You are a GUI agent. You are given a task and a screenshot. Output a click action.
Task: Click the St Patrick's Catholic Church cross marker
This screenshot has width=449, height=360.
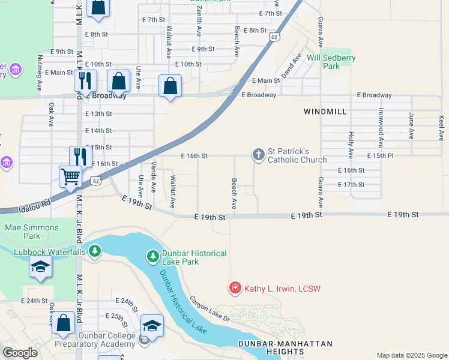pos(259,155)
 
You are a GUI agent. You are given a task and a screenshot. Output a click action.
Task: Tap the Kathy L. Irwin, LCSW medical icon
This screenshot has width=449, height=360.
pos(235,289)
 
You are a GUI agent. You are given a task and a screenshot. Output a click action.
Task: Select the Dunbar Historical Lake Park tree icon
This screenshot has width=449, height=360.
pos(153,257)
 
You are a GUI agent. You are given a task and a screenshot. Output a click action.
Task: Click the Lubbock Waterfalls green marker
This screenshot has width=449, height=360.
pos(94,252)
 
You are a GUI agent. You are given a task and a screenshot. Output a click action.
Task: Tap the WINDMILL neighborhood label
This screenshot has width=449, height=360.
pos(325,112)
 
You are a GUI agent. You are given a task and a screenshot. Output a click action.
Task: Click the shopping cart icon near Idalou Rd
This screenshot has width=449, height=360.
pos(71,176)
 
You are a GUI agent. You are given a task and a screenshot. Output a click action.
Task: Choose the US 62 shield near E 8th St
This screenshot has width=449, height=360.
pos(274,37)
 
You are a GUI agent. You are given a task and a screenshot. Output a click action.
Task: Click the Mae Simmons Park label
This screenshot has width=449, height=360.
pos(32,232)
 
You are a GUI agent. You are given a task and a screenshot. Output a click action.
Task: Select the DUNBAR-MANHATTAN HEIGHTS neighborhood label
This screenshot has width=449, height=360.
pos(285,348)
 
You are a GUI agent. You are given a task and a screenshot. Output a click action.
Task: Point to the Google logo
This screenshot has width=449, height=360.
pos(20,353)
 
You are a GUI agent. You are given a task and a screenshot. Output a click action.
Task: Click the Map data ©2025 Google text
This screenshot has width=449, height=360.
pos(412,355)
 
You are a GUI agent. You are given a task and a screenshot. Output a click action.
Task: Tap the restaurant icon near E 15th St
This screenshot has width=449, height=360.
pos(80,157)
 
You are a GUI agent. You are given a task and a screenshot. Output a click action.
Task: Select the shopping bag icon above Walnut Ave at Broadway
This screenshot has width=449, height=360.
pos(170,86)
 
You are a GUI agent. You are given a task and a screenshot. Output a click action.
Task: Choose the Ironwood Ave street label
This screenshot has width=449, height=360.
pos(381,128)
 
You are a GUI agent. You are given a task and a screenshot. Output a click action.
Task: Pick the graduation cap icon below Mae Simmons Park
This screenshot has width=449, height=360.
pos(40,267)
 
